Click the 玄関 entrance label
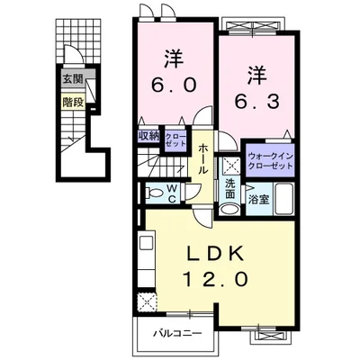point(71,79)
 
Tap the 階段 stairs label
point(72,102)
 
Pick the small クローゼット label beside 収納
point(175,139)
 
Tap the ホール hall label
point(205,157)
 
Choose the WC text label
point(174,192)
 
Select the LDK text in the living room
point(215,255)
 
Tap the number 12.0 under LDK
point(215,280)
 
